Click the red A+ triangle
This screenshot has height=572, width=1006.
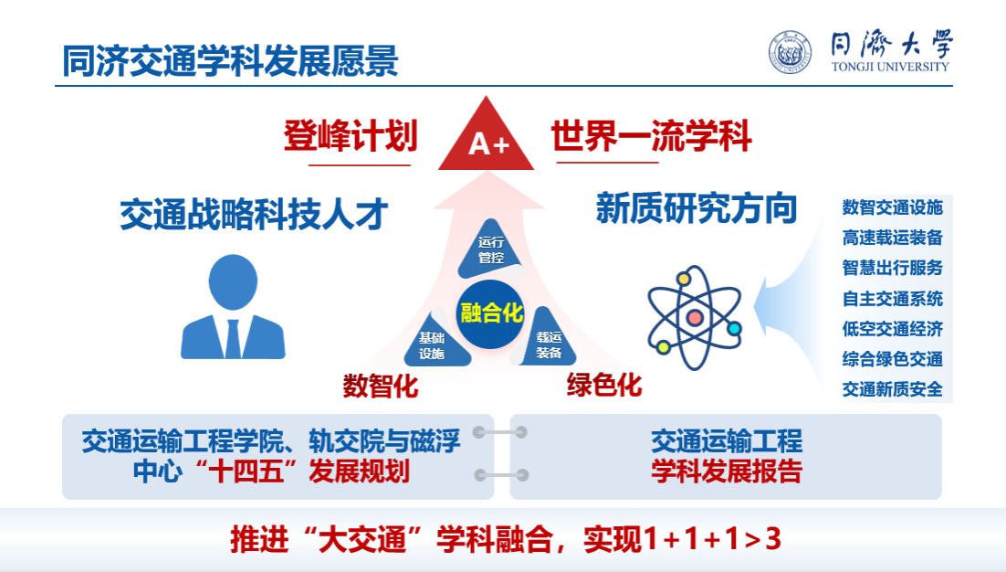pos(486,138)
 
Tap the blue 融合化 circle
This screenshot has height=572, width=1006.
pos(491,314)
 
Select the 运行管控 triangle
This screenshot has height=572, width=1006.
pos(491,249)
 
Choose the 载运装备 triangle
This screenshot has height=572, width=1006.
pos(546,340)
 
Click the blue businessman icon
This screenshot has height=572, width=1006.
pos(233,307)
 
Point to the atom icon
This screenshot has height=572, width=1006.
pos(695,318)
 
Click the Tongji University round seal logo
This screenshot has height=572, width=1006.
pos(790,52)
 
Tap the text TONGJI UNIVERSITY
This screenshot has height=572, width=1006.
pos(890,66)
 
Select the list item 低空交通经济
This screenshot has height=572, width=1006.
pos(893,329)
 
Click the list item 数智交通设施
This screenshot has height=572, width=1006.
pos(893,207)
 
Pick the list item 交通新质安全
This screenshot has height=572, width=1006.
pos(893,389)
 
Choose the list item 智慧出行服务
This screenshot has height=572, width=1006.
pos(893,267)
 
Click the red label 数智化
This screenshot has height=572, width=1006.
pos(381,386)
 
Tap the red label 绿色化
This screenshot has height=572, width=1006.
pos(603,386)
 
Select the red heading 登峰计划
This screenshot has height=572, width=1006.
pos(351,136)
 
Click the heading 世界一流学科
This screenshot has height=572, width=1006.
pos(651,136)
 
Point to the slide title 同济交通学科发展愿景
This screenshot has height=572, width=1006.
pos(230,61)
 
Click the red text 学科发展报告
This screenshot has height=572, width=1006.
pos(727,471)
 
